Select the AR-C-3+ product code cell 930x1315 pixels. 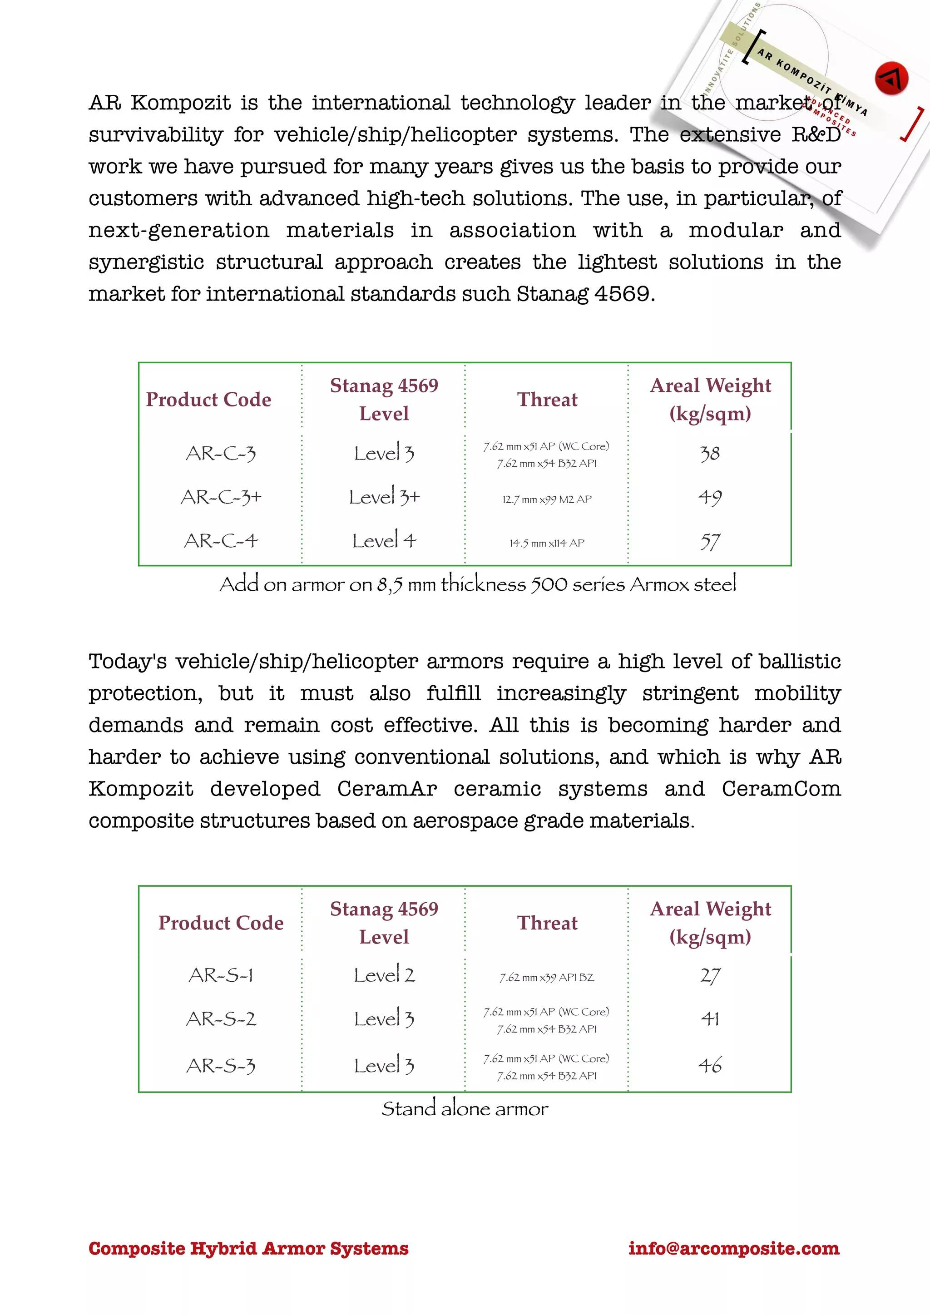[x=221, y=497]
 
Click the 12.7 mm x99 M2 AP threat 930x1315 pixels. [x=547, y=499]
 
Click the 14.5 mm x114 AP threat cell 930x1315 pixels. [x=547, y=543]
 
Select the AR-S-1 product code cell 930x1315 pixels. [x=221, y=975]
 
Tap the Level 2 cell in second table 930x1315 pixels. [x=384, y=975]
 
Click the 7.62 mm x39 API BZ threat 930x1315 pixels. [x=547, y=977]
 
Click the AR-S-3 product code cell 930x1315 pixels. [x=221, y=1066]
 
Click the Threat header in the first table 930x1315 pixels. [x=547, y=399]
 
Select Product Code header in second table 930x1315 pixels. [x=221, y=923]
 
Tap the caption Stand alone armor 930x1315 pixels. [x=465, y=1109]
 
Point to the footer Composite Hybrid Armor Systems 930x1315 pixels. [x=248, y=1248]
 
